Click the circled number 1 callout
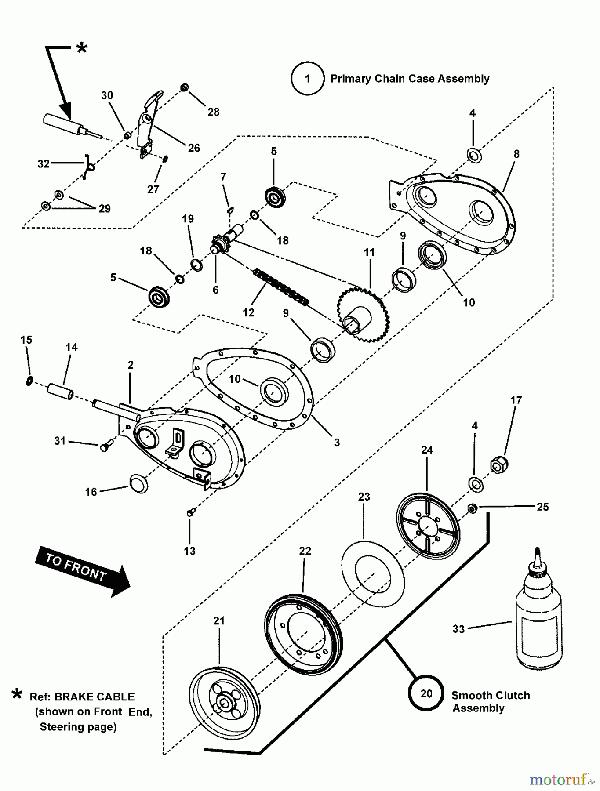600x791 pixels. tap(307, 79)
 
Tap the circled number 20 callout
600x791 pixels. tap(426, 693)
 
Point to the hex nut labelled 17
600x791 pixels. tap(498, 465)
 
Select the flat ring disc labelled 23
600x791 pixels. tap(373, 574)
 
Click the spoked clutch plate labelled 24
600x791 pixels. tap(428, 526)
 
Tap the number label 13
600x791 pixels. tap(189, 551)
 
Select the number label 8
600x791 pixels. tap(516, 154)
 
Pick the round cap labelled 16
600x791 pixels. tap(139, 484)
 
